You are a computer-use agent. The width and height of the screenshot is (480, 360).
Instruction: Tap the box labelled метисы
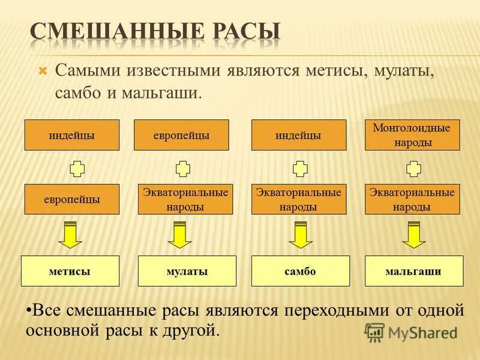70,271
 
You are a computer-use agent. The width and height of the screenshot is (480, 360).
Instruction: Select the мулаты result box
187,271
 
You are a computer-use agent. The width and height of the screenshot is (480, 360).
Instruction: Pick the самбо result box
300,271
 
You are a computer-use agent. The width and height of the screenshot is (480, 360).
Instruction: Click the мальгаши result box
414,271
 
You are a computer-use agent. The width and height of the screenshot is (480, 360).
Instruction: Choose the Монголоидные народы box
412,135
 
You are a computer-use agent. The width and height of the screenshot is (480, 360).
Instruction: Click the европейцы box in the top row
181,135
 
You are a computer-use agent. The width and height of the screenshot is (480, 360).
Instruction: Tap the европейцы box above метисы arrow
71,199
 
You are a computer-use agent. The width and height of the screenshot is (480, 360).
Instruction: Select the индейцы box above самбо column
298,135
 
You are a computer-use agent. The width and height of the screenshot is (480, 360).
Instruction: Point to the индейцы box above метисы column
71,135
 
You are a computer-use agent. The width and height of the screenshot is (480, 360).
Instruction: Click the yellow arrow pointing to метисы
70,235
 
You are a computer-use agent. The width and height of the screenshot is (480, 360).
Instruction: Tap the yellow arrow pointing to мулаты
179,235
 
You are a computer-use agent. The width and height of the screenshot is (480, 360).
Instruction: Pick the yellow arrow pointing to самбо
301,235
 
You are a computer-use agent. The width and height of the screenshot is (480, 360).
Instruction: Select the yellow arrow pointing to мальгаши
413,235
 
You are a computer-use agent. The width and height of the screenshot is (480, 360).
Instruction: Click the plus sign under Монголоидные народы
413,168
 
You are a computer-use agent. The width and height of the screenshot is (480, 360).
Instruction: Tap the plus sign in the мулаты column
183,168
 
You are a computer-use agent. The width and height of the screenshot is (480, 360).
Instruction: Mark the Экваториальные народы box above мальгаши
412,199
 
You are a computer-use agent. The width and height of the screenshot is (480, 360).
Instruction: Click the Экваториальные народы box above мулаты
185,199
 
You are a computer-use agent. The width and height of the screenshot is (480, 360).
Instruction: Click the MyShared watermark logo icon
374,332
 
